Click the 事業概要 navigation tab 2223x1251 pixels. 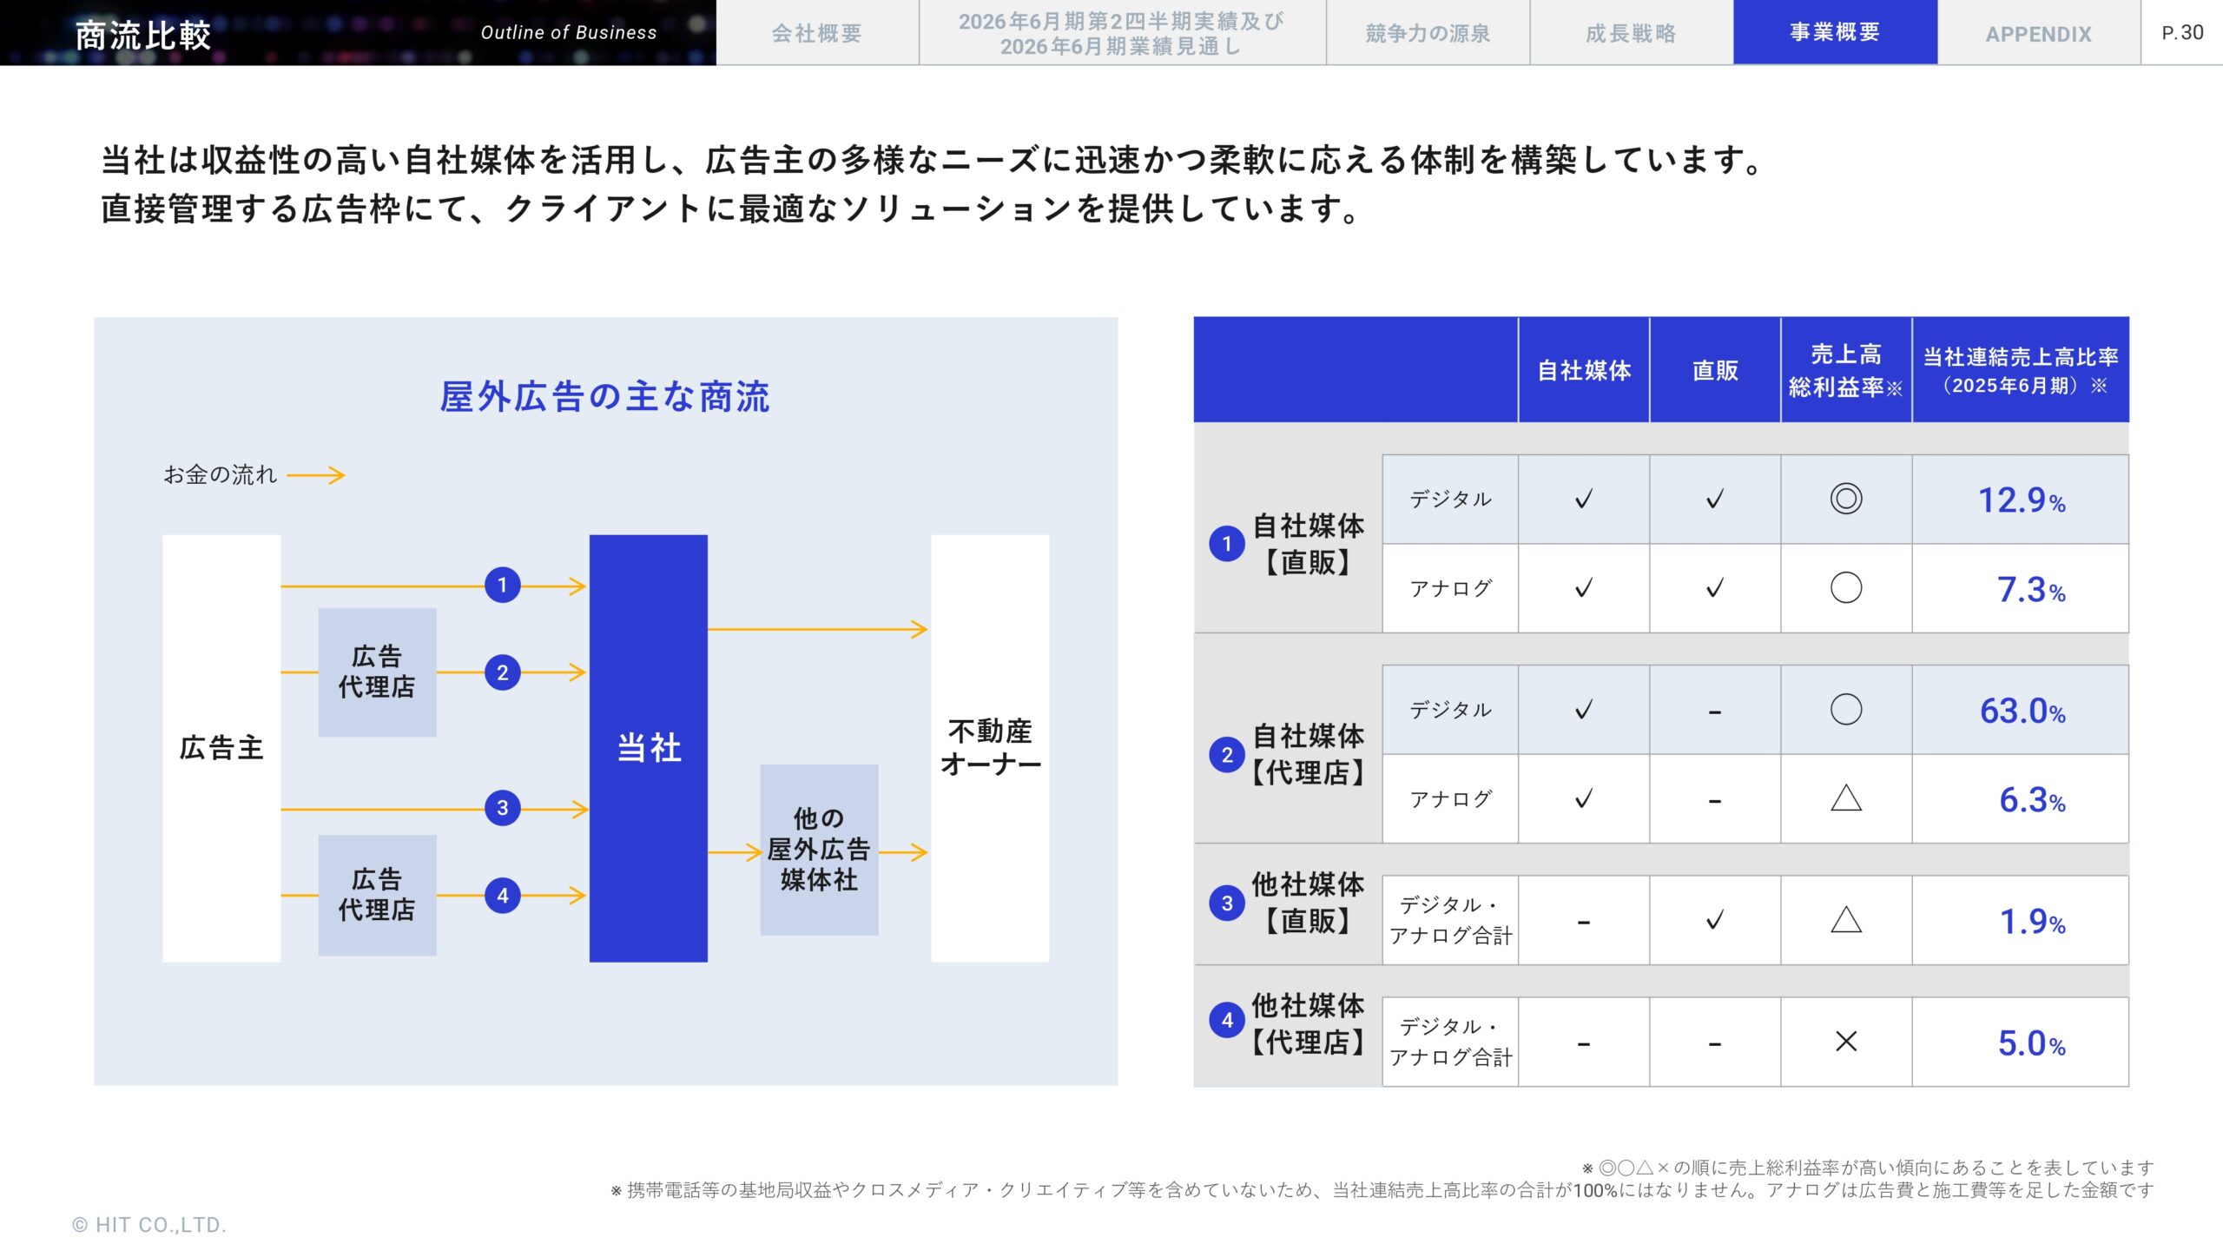coord(1834,33)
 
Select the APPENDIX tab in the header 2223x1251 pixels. coord(2038,35)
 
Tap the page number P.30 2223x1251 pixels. coord(2181,33)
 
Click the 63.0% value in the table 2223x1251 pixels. coord(2022,711)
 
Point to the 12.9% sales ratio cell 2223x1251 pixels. coord(2021,500)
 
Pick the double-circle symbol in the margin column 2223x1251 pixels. coord(1845,500)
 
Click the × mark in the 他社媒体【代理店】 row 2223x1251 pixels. coord(1845,1042)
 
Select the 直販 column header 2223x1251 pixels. coord(1714,371)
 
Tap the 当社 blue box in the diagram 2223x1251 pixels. coord(648,748)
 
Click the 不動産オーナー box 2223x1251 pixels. coord(990,748)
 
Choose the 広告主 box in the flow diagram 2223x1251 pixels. coord(221,748)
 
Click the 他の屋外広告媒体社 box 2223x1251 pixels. coord(819,850)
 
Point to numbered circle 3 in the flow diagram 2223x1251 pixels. coord(503,809)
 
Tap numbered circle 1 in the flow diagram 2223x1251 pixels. coord(503,586)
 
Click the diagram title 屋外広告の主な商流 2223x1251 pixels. coord(604,397)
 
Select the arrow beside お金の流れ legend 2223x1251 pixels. coord(316,475)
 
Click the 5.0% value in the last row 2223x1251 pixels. coord(2031,1043)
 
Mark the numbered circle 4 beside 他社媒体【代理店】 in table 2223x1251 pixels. coord(1226,1020)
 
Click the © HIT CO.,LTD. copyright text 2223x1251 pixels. coord(148,1225)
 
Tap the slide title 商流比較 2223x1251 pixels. coord(143,36)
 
